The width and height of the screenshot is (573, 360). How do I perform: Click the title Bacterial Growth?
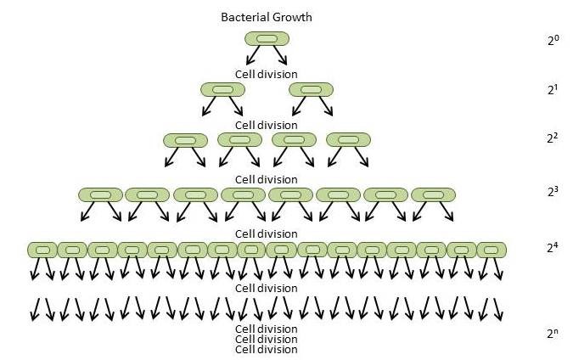click(x=266, y=17)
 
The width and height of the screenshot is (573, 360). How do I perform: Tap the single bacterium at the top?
click(x=267, y=38)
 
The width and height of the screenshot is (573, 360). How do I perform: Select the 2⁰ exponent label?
click(x=553, y=39)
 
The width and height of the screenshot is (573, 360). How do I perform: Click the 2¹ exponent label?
click(x=553, y=88)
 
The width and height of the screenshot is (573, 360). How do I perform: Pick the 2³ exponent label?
click(x=553, y=192)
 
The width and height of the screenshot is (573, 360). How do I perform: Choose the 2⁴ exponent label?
click(x=553, y=249)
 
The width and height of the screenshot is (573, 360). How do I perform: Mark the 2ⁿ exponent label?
click(x=553, y=333)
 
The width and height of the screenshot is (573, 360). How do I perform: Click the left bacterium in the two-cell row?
click(x=222, y=89)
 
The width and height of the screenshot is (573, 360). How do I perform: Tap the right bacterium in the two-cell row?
click(x=311, y=89)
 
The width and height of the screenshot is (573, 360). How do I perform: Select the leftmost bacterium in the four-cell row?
click(x=185, y=139)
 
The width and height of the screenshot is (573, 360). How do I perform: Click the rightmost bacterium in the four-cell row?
click(x=348, y=139)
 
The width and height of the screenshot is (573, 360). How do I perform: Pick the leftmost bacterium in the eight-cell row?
click(x=100, y=194)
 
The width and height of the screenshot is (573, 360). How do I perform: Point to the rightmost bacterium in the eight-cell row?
click(x=433, y=194)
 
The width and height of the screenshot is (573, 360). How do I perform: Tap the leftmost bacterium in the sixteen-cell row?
click(x=42, y=250)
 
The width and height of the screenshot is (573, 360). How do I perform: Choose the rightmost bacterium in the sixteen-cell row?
click(x=492, y=250)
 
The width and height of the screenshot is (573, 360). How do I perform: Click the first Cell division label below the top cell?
click(x=266, y=74)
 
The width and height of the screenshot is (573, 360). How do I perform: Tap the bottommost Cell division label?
click(x=266, y=349)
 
